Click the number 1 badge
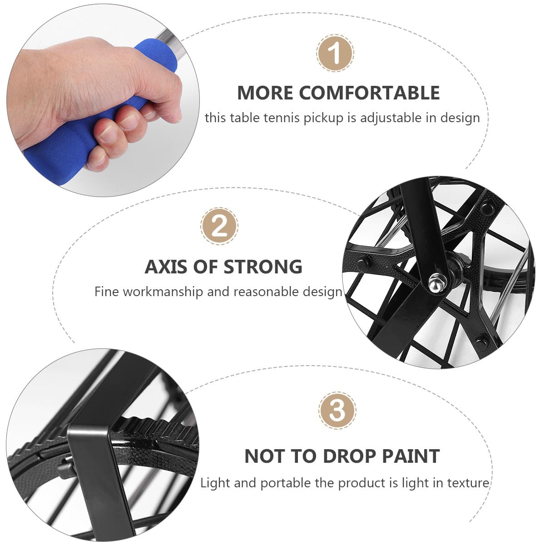pyautogui.click(x=335, y=53)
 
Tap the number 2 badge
pyautogui.click(x=219, y=226)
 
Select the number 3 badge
pyautogui.click(x=337, y=411)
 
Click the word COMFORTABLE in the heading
pyautogui.click(x=369, y=93)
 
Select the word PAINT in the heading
pyautogui.click(x=411, y=456)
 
